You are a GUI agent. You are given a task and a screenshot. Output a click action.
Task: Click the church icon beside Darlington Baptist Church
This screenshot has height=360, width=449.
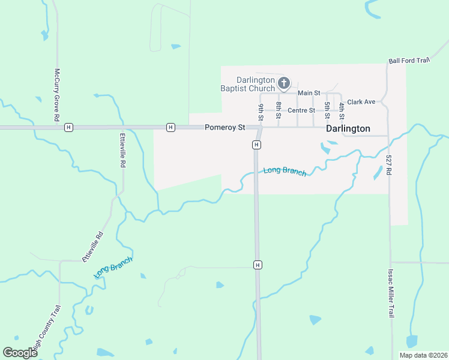coord(283,83)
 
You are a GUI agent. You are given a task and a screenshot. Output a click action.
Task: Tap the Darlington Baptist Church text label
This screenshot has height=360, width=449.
coord(256,84)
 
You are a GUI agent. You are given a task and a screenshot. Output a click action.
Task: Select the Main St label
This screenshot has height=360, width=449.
coord(309,93)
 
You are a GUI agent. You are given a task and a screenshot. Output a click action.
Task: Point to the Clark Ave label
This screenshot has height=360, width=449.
coord(361,102)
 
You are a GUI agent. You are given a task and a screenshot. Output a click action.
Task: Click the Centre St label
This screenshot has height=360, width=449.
coord(301,110)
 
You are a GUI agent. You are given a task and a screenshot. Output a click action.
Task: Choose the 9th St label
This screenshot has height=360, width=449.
coord(262,112)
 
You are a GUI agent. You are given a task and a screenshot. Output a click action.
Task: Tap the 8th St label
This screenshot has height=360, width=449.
coord(279,110)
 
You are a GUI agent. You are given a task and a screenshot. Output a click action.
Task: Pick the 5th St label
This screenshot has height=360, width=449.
coord(327,110)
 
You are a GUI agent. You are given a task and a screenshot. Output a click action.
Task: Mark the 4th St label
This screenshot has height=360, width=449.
coord(342,110)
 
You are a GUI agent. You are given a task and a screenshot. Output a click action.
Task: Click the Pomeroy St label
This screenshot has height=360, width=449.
coord(225,127)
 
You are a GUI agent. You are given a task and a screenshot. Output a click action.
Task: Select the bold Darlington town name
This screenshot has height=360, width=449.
coord(348,128)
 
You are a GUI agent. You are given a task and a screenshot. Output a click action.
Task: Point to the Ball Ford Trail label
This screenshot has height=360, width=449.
coord(410,61)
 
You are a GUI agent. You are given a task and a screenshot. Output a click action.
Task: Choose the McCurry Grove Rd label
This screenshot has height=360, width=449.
coord(58,95)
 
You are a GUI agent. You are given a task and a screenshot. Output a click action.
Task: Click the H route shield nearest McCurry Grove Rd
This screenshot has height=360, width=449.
coord(69,127)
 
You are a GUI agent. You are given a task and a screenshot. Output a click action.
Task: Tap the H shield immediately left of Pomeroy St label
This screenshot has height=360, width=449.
coord(171,127)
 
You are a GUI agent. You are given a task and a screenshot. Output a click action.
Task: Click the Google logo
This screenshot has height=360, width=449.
coord(20,353)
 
